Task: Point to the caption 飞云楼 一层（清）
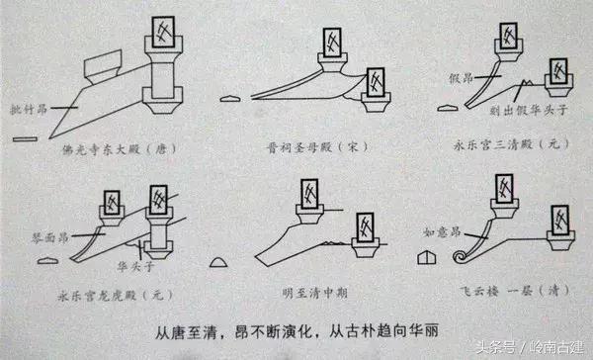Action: pos(507,294)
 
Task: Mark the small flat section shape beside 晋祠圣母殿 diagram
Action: pos(230,98)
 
